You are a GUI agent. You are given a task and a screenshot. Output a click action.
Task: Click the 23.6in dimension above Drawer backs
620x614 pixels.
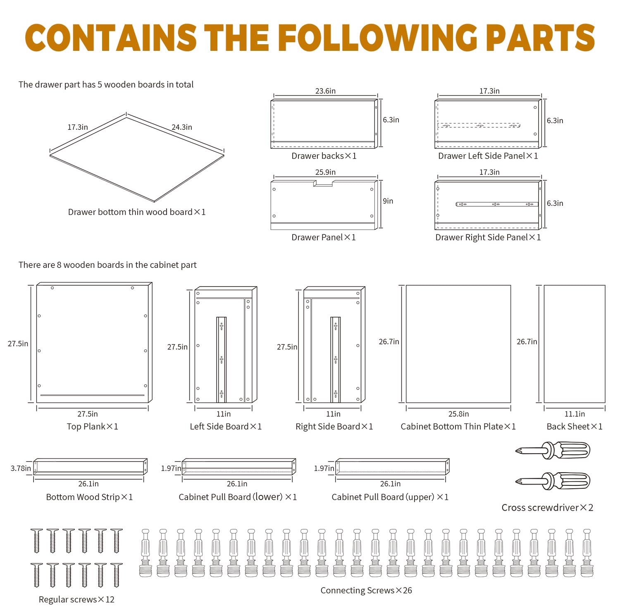pos(325,91)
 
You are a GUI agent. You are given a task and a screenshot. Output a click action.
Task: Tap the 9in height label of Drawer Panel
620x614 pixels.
pos(388,201)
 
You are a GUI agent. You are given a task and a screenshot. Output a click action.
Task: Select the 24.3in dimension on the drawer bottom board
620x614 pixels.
pos(182,127)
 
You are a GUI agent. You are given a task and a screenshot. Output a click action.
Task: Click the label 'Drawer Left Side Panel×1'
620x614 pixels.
pos(488,156)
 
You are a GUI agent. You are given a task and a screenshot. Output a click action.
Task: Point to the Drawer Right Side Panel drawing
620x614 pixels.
pos(488,205)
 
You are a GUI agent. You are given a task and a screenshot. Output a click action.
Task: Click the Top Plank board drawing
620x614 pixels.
pos(93,343)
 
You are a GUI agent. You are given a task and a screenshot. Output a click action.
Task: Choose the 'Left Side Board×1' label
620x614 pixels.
pos(226,426)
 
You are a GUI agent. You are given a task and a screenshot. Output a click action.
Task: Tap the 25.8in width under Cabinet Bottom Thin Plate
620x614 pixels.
pos(458,414)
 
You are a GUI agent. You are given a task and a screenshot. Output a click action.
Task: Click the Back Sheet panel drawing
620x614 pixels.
pos(574,344)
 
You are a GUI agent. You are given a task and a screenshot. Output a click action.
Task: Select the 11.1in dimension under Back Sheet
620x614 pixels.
pos(575,414)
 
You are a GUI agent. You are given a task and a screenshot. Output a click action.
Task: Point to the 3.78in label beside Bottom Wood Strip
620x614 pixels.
pos(21,468)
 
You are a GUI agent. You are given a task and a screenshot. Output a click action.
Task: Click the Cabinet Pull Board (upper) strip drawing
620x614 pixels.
pos(392,466)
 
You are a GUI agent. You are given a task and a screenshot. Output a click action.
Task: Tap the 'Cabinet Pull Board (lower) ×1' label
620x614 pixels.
pos(238,497)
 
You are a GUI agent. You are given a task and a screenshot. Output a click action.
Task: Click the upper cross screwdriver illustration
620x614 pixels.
pos(554,450)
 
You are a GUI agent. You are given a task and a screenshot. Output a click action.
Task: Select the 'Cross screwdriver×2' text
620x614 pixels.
pos(547,507)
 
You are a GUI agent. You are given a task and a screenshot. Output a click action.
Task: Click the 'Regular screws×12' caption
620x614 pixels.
pos(76,599)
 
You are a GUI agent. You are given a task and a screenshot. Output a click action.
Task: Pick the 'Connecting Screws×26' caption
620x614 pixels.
pos(366,590)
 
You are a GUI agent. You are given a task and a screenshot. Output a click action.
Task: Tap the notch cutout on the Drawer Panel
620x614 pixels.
pos(323,183)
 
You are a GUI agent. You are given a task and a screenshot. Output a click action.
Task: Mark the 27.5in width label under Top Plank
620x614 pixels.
pos(88,414)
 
